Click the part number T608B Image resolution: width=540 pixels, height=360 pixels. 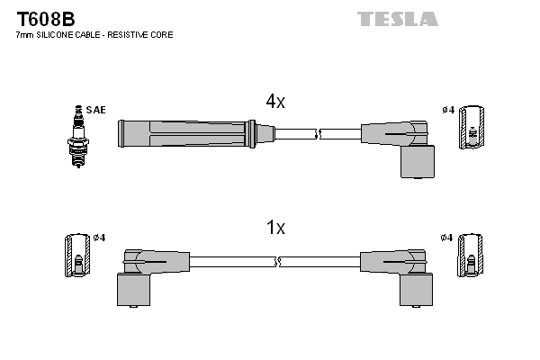click(x=44, y=18)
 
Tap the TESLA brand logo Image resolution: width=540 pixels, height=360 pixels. click(x=397, y=18)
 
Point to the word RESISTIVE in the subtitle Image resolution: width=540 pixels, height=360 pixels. click(x=133, y=35)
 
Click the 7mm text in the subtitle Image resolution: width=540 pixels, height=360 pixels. click(x=25, y=35)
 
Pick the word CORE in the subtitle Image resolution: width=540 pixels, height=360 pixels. click(x=163, y=35)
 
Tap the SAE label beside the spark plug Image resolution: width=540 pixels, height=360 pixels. click(x=96, y=110)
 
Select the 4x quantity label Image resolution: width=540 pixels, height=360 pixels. click(x=275, y=102)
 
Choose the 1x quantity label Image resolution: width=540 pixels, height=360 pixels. click(x=275, y=228)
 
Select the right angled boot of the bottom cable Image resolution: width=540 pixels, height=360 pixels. click(x=401, y=274)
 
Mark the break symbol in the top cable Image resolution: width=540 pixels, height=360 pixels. click(x=318, y=134)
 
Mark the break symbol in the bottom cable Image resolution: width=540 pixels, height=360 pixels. click(x=276, y=262)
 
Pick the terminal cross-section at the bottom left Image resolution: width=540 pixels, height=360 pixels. click(x=78, y=256)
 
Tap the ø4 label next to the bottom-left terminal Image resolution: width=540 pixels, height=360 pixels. click(x=98, y=238)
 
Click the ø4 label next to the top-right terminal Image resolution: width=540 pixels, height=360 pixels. click(x=447, y=110)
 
